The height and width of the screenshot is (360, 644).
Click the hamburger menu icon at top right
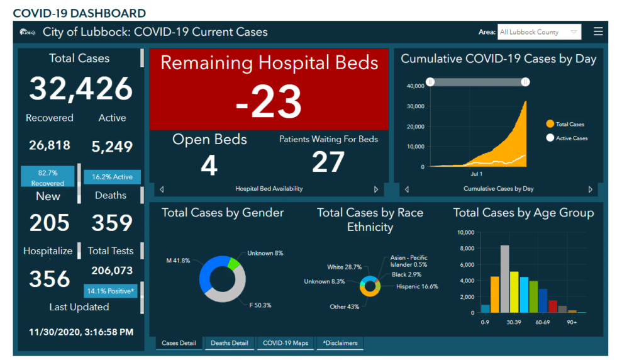pyautogui.click(x=598, y=31)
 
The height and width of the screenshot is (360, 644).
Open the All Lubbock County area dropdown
pyautogui.click(x=539, y=32)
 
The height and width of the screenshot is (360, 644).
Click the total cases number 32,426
pyautogui.click(x=80, y=89)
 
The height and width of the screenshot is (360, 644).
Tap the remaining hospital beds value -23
pyautogui.click(x=269, y=101)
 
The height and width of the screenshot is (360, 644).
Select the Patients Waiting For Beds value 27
pyautogui.click(x=328, y=162)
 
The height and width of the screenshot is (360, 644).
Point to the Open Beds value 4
pyautogui.click(x=209, y=165)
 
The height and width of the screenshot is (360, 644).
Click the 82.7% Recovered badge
pyautogui.click(x=48, y=176)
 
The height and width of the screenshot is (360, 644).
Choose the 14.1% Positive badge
pyautogui.click(x=111, y=291)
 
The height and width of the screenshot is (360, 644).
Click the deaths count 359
pyautogui.click(x=112, y=223)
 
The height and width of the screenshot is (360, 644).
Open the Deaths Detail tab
pyautogui.click(x=230, y=343)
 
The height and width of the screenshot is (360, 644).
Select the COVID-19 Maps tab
pyautogui.click(x=286, y=343)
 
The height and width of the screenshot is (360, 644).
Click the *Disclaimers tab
pyautogui.click(x=340, y=343)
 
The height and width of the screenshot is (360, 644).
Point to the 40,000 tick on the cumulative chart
pyautogui.click(x=414, y=86)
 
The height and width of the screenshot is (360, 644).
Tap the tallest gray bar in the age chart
pyautogui.click(x=504, y=279)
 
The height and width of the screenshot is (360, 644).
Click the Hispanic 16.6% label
pyautogui.click(x=417, y=286)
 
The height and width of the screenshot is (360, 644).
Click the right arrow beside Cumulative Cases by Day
pyautogui.click(x=590, y=189)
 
